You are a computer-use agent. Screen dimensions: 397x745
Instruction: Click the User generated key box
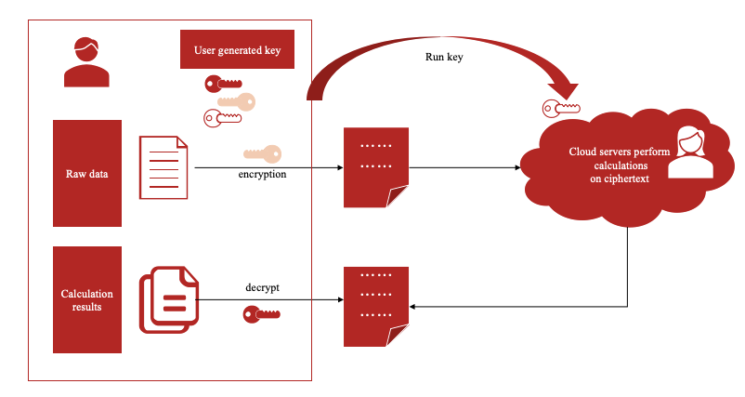237,49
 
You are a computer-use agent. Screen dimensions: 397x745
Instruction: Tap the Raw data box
87,173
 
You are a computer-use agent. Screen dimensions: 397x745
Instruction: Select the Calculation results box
87,299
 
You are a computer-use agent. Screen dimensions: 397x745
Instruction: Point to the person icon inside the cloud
689,153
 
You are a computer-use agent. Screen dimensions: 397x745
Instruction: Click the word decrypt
262,287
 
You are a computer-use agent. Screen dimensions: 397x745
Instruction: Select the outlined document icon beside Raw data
163,166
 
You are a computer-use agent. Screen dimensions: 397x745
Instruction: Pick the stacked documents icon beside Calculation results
168,298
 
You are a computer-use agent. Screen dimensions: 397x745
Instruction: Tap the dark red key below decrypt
261,314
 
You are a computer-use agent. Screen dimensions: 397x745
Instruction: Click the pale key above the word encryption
261,153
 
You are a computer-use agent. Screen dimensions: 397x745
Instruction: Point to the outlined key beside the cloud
561,110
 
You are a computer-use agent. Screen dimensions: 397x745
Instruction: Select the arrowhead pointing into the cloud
516,168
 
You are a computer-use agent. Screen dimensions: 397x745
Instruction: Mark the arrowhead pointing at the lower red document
414,305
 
